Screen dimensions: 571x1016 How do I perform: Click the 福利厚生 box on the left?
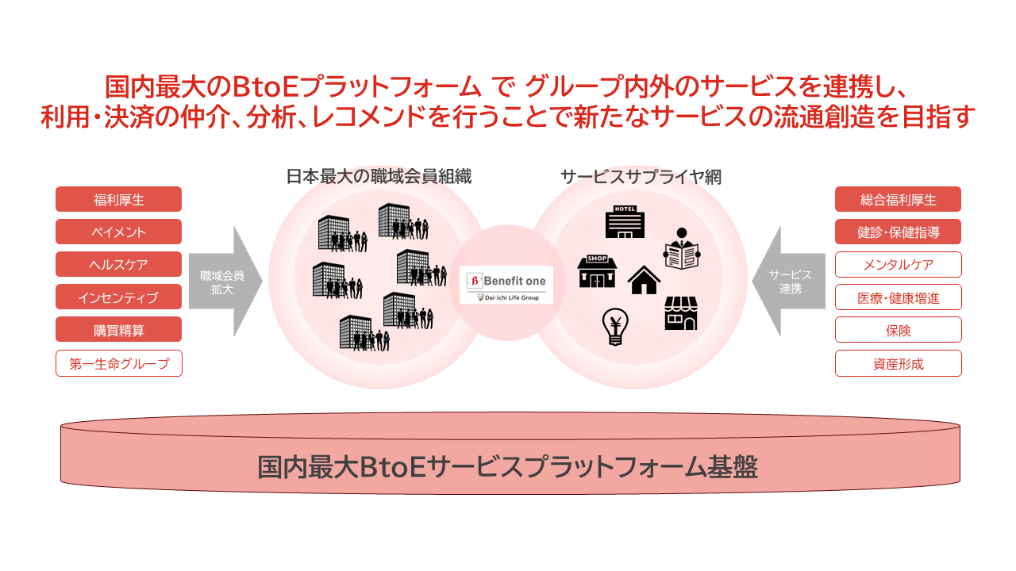(x=118, y=199)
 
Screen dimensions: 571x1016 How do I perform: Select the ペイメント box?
(x=118, y=232)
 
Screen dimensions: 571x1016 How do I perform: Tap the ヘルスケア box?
(x=118, y=264)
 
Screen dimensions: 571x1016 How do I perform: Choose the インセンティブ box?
(x=118, y=297)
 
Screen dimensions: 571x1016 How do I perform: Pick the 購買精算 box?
(x=118, y=329)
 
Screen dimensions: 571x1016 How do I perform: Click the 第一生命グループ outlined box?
(x=118, y=363)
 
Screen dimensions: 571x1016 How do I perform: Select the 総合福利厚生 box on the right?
(x=898, y=199)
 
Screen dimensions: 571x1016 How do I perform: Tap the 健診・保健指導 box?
(x=898, y=232)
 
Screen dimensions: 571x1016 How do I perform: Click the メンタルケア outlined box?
(x=898, y=264)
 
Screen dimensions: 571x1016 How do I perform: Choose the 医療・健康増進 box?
(x=898, y=297)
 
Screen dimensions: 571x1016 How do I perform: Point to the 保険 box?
(x=898, y=329)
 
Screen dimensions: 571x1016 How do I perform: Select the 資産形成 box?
(x=898, y=363)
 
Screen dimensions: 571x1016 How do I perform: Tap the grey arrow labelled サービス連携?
(x=788, y=282)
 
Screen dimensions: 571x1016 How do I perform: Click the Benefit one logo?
(x=506, y=284)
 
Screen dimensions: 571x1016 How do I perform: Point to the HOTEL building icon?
(x=625, y=222)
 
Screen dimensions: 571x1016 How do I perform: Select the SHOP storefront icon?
(x=597, y=271)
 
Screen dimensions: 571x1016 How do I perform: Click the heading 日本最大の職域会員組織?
(x=379, y=176)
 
